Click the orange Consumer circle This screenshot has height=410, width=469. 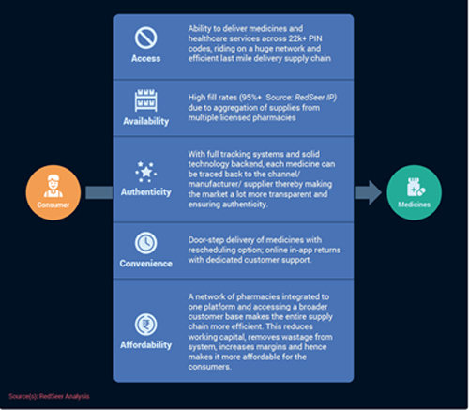[x=53, y=192]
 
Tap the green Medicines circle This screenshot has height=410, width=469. [x=414, y=192]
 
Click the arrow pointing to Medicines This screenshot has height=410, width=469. [x=369, y=192]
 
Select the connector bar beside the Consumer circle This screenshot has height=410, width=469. [x=99, y=192]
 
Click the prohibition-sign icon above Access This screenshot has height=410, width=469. [x=145, y=38]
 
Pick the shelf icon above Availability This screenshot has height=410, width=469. [x=145, y=100]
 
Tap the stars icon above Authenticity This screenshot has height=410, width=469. [x=145, y=172]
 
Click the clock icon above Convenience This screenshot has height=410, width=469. [x=145, y=243]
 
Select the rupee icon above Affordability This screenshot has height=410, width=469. [x=145, y=325]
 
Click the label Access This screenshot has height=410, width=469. [x=145, y=58]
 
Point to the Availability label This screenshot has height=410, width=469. [x=145, y=121]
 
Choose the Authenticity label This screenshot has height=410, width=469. [x=146, y=191]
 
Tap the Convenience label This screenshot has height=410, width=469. [x=145, y=264]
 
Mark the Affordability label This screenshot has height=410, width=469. [x=146, y=345]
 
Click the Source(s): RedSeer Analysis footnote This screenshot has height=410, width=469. [x=49, y=396]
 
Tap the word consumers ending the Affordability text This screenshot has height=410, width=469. [x=209, y=367]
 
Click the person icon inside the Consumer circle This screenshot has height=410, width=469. [x=53, y=186]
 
